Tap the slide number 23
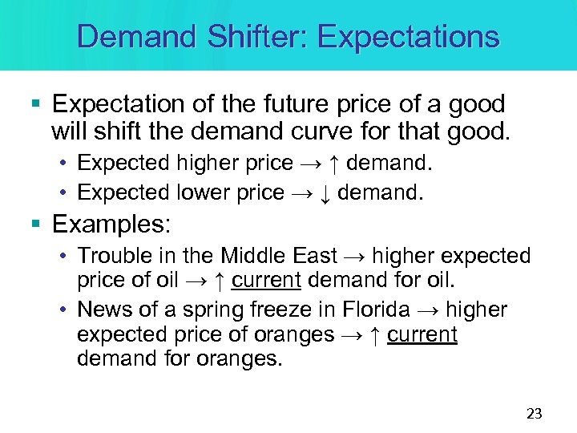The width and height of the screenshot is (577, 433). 534,414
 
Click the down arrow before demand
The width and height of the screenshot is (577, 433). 326,192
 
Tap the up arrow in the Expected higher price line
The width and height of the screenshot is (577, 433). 336,164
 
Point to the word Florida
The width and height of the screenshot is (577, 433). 375,309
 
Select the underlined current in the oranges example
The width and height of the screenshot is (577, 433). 422,334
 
